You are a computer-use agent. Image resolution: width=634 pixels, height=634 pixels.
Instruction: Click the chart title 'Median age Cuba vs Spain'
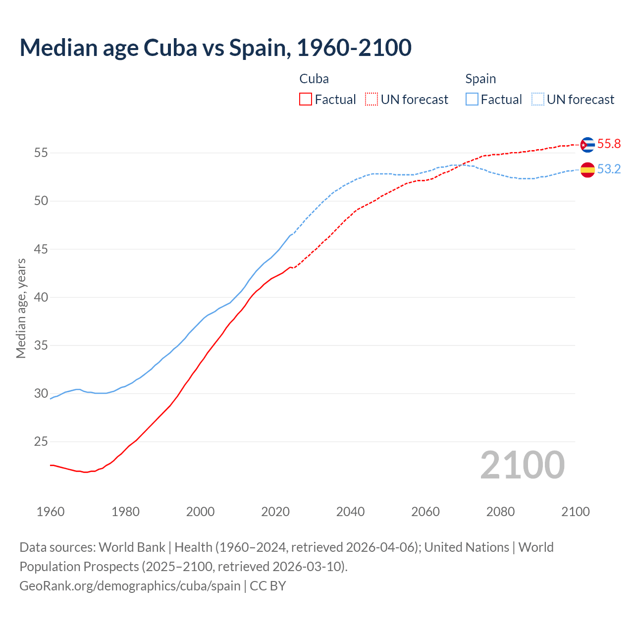point(215,48)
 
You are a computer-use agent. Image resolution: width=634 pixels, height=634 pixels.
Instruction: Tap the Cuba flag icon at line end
point(587,145)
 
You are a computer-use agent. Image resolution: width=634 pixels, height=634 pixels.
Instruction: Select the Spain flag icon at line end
point(587,169)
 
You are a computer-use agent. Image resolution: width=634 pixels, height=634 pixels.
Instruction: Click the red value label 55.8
point(609,144)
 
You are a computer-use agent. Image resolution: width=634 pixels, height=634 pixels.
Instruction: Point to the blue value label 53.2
point(609,169)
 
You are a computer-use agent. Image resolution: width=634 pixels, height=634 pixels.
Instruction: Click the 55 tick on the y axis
point(41,153)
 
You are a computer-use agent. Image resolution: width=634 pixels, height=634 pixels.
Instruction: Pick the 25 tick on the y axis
point(41,441)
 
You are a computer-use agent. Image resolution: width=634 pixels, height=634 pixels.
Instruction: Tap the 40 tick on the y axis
point(41,297)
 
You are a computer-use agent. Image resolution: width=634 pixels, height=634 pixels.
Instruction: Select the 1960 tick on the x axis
point(51,512)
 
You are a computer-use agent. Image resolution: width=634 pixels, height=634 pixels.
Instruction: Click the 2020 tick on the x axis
point(275,512)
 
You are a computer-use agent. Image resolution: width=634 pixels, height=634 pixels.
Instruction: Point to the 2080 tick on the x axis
point(500,512)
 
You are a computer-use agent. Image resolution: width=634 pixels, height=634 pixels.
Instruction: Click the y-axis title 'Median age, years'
point(21,308)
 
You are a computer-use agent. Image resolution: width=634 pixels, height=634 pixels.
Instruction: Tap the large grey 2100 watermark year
point(522,465)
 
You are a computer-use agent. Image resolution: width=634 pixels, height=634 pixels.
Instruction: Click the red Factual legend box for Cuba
point(306,100)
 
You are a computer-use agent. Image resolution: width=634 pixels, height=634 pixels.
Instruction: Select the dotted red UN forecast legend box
point(371,100)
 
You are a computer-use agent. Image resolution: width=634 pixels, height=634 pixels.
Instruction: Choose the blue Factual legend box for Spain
point(472,100)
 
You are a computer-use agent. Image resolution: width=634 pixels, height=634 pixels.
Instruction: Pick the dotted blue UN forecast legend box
point(538,100)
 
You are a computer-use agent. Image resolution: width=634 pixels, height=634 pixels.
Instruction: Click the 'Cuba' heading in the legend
point(314,79)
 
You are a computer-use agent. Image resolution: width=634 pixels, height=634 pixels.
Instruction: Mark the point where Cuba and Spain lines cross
point(461,165)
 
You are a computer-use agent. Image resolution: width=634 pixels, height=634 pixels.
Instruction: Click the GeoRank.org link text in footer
point(130,586)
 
